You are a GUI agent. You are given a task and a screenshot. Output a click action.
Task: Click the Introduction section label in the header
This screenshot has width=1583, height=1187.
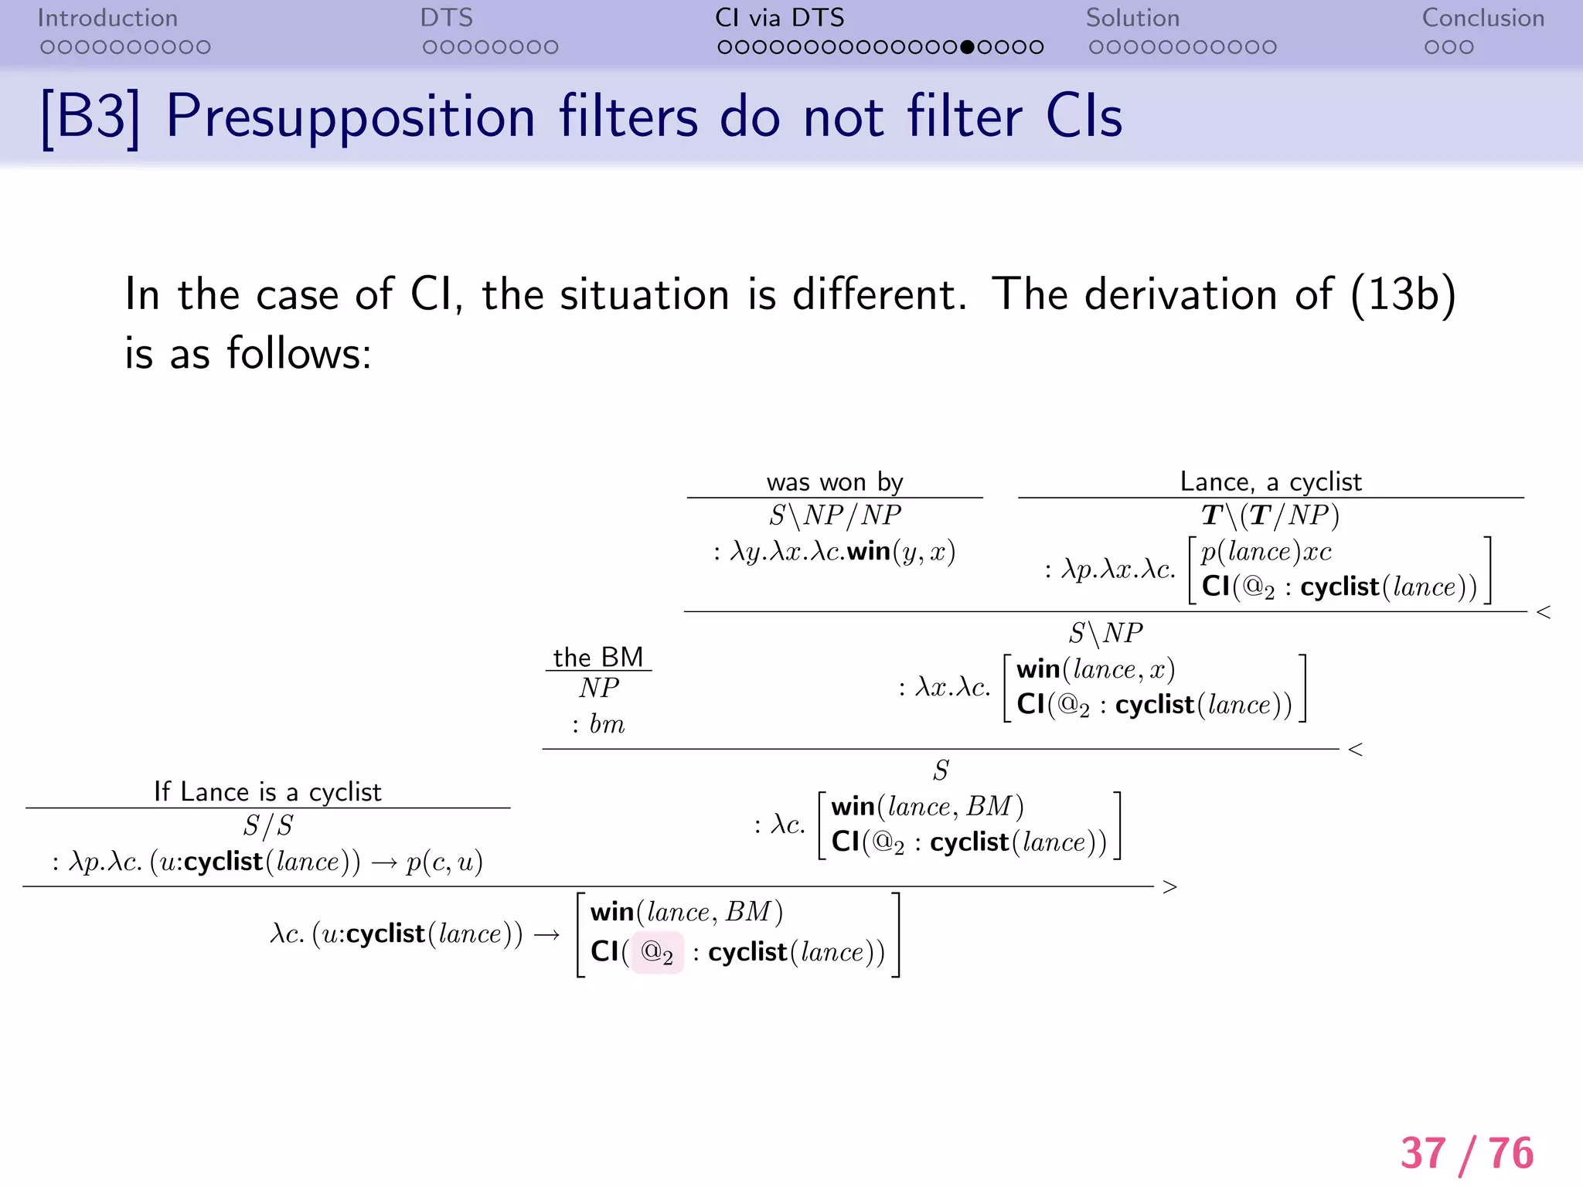pyautogui.click(x=107, y=19)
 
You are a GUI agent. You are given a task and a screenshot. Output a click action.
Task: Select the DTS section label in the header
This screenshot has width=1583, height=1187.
pyautogui.click(x=446, y=19)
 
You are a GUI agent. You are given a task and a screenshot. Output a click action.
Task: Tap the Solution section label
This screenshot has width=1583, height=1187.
pyautogui.click(x=1132, y=19)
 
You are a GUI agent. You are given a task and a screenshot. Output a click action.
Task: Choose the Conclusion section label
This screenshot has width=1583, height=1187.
pyautogui.click(x=1483, y=19)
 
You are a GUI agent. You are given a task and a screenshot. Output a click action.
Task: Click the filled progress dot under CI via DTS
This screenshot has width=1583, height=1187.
pyautogui.click(x=967, y=47)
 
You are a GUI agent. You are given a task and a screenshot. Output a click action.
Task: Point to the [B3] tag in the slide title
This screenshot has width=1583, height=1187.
pyautogui.click(x=91, y=117)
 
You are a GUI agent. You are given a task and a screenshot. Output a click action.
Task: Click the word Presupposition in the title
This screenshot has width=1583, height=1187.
pyautogui.click(x=351, y=117)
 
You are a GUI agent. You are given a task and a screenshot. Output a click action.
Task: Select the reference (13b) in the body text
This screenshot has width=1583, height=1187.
pyautogui.click(x=1403, y=294)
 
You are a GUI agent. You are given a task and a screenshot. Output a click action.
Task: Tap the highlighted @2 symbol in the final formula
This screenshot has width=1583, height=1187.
pyautogui.click(x=657, y=953)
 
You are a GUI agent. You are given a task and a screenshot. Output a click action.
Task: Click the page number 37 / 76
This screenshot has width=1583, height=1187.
pyautogui.click(x=1466, y=1153)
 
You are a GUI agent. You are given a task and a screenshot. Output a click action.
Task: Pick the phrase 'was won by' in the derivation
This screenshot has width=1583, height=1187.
pyautogui.click(x=835, y=482)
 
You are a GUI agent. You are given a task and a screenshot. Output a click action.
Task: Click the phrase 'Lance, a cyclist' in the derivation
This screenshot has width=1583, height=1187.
pyautogui.click(x=1271, y=481)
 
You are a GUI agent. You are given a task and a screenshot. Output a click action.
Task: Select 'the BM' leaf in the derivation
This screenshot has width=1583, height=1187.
pyautogui.click(x=598, y=657)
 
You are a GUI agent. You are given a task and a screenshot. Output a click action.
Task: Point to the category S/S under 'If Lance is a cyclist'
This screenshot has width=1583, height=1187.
pyautogui.click(x=267, y=826)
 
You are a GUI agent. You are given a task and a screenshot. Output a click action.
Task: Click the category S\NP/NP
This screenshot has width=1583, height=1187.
pyautogui.click(x=835, y=515)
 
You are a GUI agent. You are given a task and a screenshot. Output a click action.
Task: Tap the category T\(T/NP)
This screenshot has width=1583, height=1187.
pyautogui.click(x=1270, y=515)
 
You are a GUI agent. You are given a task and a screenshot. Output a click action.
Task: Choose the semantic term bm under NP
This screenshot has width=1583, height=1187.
pyautogui.click(x=607, y=724)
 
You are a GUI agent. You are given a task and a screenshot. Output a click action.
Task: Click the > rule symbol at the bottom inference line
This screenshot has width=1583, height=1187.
pyautogui.click(x=1169, y=887)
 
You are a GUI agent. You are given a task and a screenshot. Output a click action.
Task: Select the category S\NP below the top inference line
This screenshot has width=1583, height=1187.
pyautogui.click(x=1105, y=634)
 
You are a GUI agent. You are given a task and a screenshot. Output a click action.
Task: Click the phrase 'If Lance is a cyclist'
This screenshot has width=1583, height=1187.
pyautogui.click(x=267, y=791)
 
